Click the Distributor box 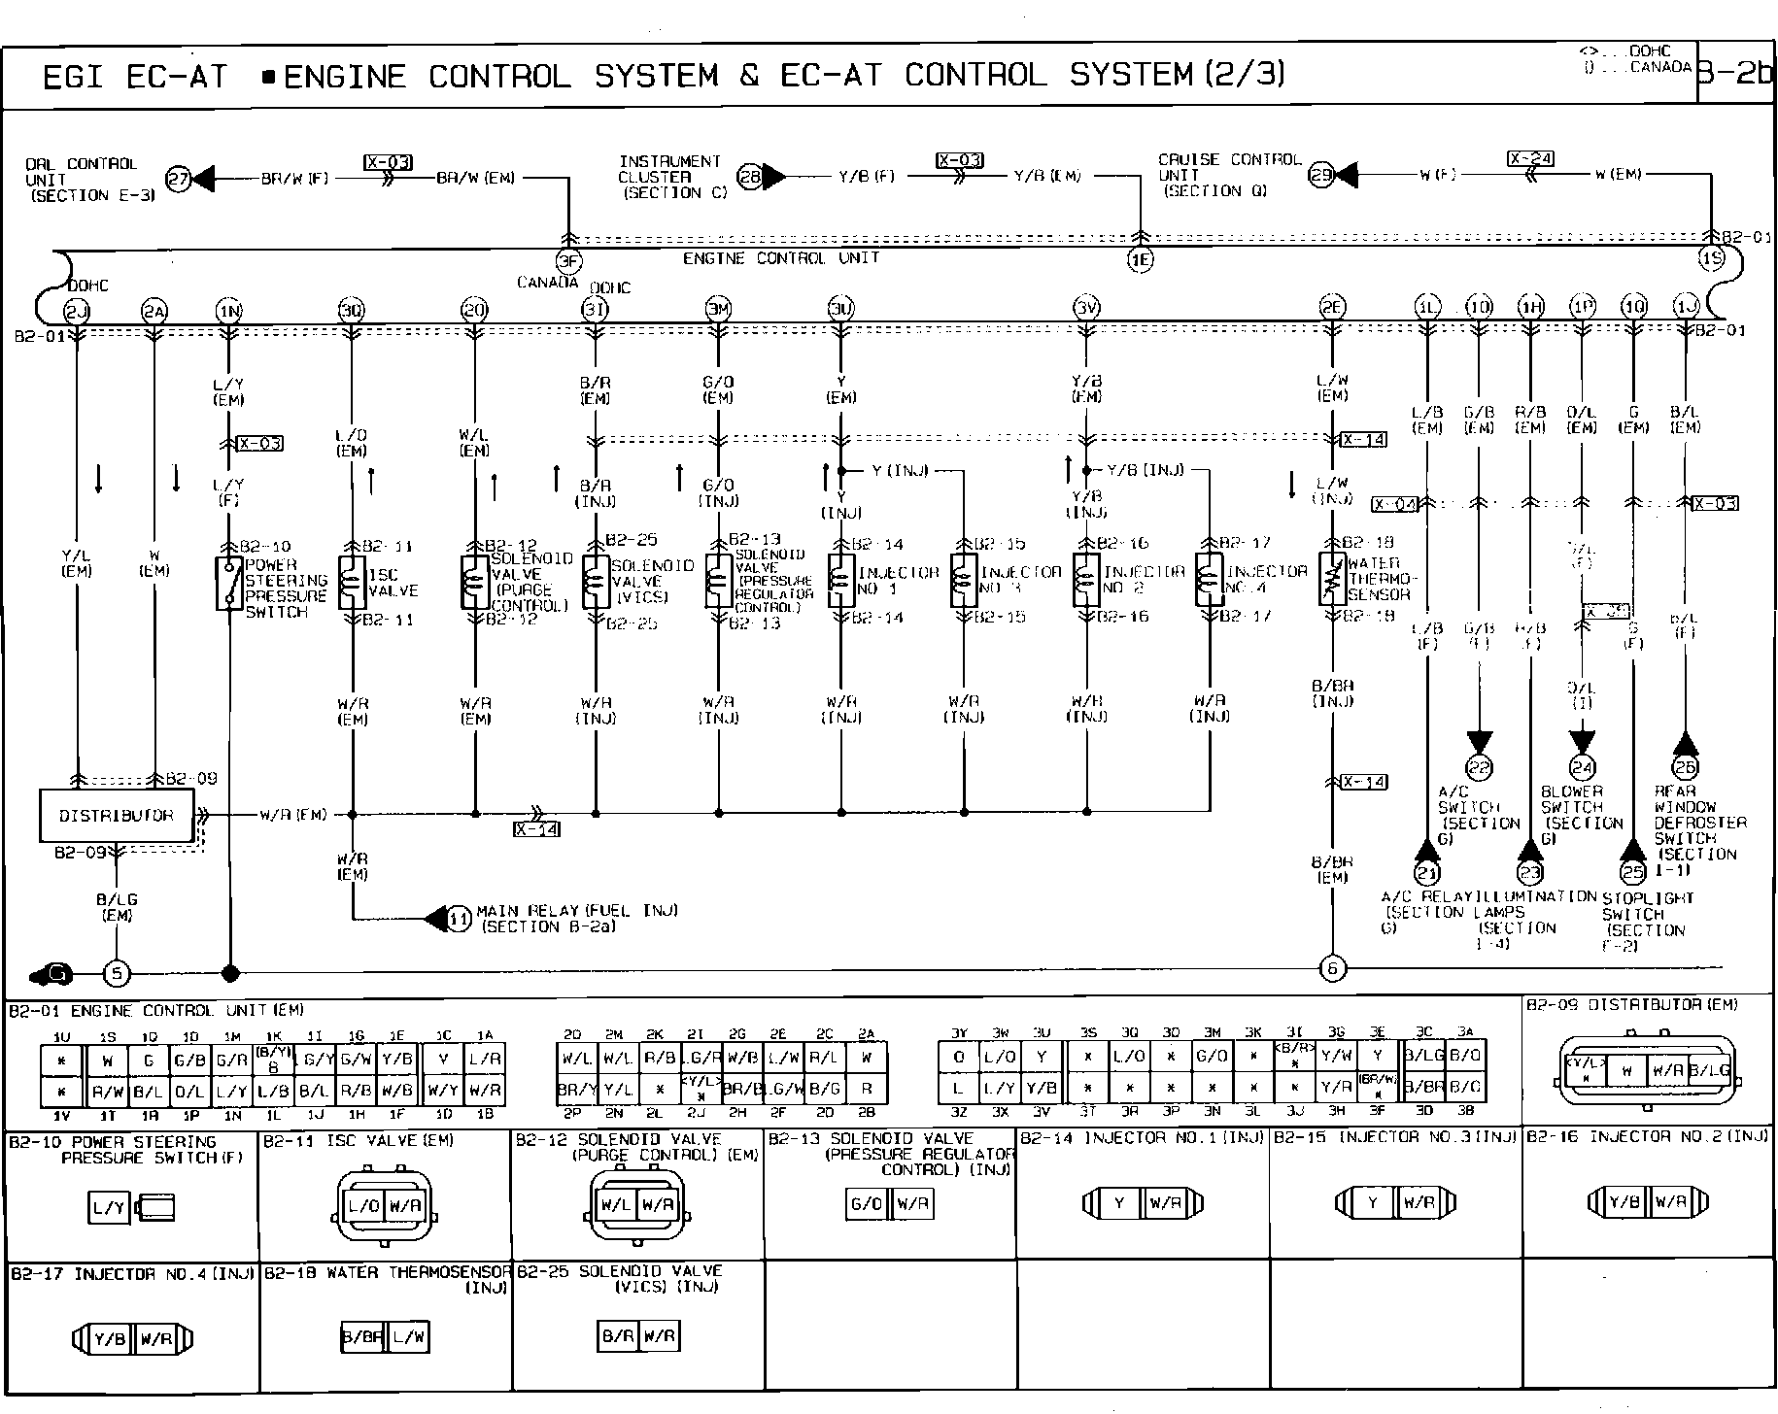click(x=117, y=815)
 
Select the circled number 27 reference click(x=178, y=179)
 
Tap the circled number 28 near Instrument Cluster click(x=749, y=176)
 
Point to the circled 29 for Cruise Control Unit click(x=1321, y=175)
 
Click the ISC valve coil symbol click(x=352, y=582)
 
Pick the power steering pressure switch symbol click(x=229, y=583)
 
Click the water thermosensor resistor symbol click(x=1332, y=580)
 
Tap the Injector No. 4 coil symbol click(x=1210, y=580)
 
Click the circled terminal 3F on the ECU click(x=568, y=259)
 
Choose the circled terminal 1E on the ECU click(x=1140, y=259)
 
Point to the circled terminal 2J click(x=76, y=311)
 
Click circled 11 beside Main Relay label click(x=458, y=918)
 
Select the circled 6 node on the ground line click(x=1332, y=968)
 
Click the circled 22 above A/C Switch click(x=1479, y=768)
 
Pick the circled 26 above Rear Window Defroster click(x=1685, y=768)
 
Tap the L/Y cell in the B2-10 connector click(x=108, y=1209)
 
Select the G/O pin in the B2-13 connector click(x=866, y=1205)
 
